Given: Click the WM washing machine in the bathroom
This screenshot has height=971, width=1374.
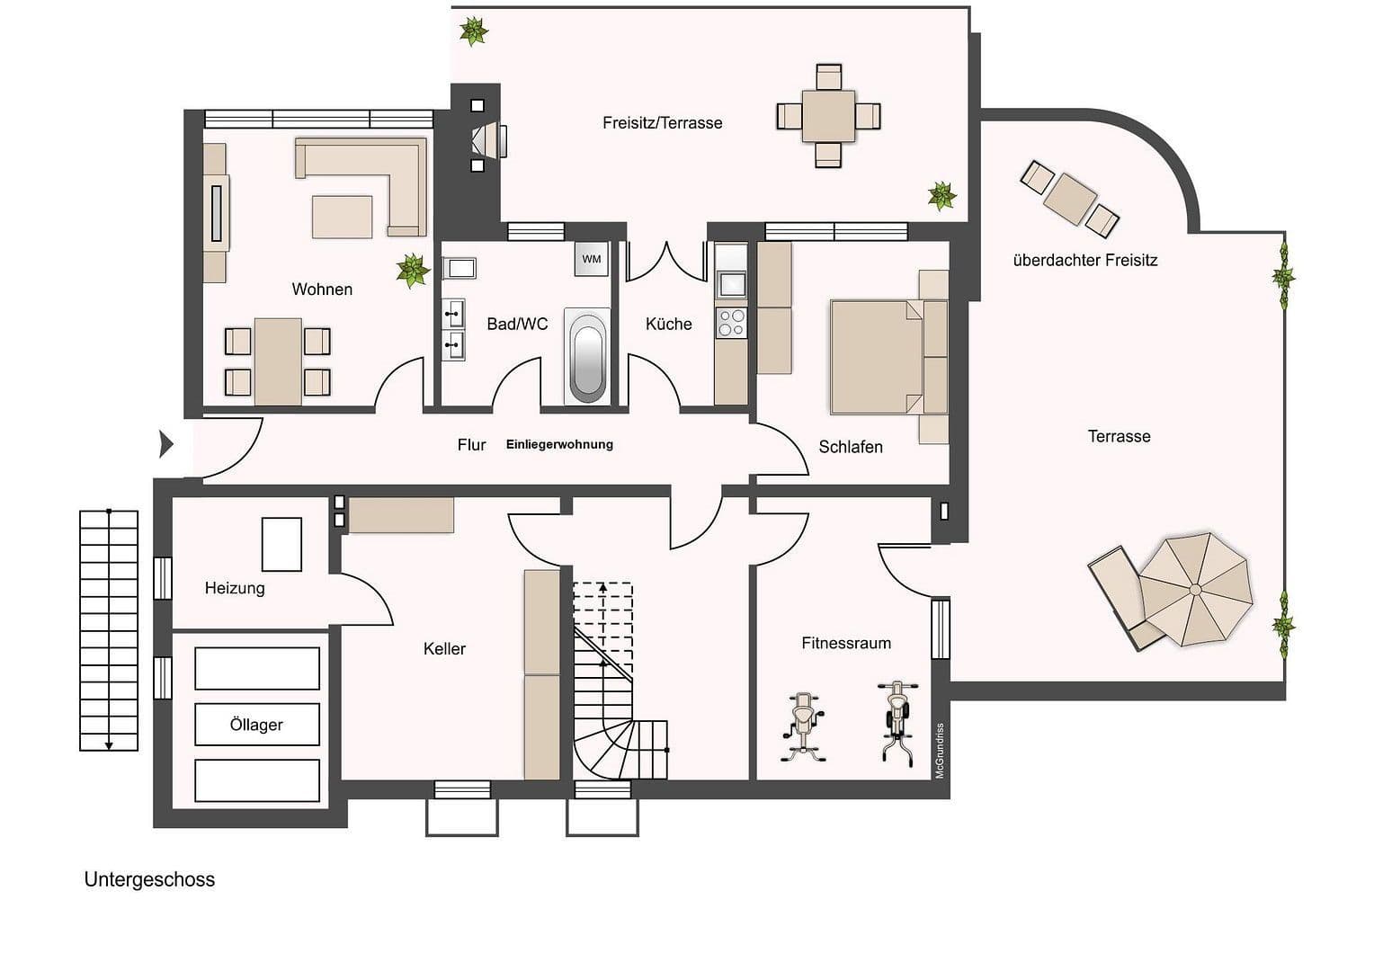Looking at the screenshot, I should [591, 259].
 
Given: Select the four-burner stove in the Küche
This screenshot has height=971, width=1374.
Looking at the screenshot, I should [730, 323].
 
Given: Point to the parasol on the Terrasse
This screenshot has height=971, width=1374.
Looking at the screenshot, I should [1195, 589].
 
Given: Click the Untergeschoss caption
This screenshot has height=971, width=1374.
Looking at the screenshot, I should [149, 879].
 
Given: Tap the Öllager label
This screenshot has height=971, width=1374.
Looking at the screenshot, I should [256, 725].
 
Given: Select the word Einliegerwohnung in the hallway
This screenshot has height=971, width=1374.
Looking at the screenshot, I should [559, 444].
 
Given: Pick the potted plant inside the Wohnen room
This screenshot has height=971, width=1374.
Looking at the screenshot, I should [412, 270].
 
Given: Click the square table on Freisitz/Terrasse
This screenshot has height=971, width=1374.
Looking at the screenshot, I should [828, 116].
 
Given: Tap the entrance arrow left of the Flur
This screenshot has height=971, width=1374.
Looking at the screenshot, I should [165, 443].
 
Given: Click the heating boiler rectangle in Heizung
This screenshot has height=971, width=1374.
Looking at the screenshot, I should [281, 544].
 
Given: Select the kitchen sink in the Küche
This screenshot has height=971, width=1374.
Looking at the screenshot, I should [730, 283].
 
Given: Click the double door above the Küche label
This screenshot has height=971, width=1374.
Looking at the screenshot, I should [666, 261].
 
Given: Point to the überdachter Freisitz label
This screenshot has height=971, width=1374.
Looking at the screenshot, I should [1084, 261].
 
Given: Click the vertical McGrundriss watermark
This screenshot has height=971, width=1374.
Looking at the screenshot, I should [940, 750].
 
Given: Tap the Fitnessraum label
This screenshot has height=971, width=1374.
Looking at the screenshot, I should [846, 643].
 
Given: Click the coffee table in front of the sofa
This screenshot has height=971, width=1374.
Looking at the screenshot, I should [342, 217].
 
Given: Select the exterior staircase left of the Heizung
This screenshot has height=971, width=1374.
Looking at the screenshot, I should [109, 629].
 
